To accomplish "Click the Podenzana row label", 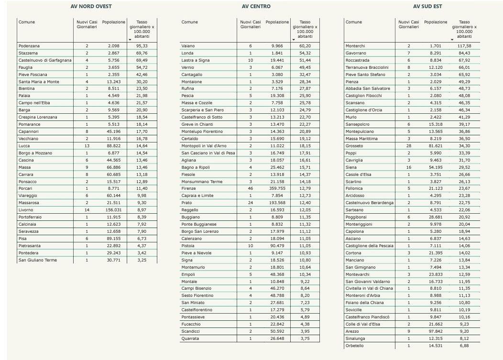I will (29, 45).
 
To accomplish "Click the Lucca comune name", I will (24, 145).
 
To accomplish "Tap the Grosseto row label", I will (354, 145).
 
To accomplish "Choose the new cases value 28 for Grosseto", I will (409, 145).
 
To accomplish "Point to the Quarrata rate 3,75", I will (305, 339).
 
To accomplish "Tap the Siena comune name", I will (351, 167).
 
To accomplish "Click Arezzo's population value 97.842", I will (436, 331).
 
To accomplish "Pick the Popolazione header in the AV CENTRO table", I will (277, 22).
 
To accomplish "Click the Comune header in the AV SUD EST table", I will (354, 22).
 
